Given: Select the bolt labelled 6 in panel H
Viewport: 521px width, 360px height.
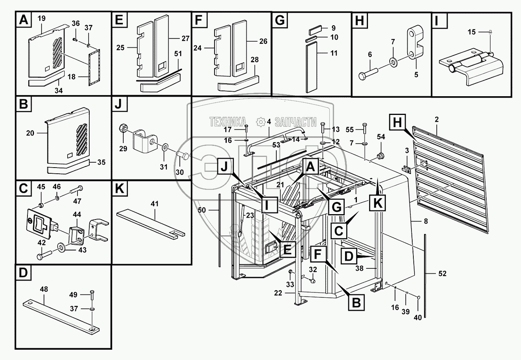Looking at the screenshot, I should (368, 72).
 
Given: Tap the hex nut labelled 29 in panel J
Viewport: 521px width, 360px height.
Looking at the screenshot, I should (124, 128).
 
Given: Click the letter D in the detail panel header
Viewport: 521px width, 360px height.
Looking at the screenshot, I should (24, 274).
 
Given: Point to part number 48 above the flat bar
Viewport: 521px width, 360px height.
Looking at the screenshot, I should (44, 289).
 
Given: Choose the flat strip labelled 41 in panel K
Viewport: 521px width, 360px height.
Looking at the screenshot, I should (150, 222).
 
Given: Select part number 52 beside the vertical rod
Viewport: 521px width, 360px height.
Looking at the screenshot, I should (442, 273).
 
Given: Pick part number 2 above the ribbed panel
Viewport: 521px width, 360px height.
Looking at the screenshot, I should (437, 119).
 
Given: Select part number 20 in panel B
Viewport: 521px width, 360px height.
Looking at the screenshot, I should (30, 133).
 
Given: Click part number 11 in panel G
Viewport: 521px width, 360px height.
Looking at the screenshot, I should (334, 53).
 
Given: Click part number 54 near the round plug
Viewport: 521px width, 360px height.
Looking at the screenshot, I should (381, 137).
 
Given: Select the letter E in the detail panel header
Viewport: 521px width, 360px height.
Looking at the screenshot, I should (119, 20).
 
